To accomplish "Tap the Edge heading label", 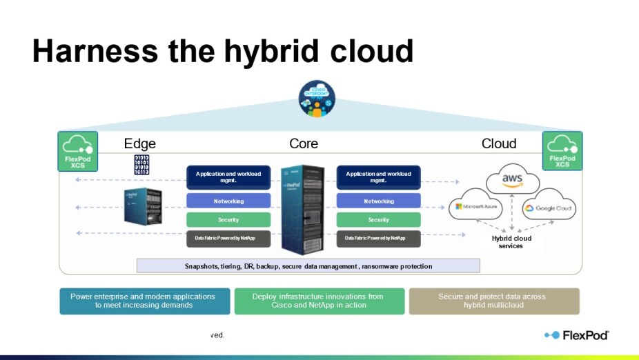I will tap(139, 143).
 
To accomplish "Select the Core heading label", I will tap(304, 143).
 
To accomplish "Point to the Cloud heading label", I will tap(499, 143).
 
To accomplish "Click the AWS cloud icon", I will tap(511, 180).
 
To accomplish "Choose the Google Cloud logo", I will tap(548, 208).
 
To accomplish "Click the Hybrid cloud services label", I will tap(511, 242).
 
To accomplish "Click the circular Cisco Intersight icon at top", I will tap(317, 99).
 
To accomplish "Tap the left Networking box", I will tap(228, 201).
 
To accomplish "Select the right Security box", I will tap(378, 220).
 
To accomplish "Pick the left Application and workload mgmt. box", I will tap(228, 177).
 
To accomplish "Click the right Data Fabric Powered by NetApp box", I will tap(378, 239).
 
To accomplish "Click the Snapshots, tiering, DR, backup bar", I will tap(308, 266).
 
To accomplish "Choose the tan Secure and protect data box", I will tap(493, 301).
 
